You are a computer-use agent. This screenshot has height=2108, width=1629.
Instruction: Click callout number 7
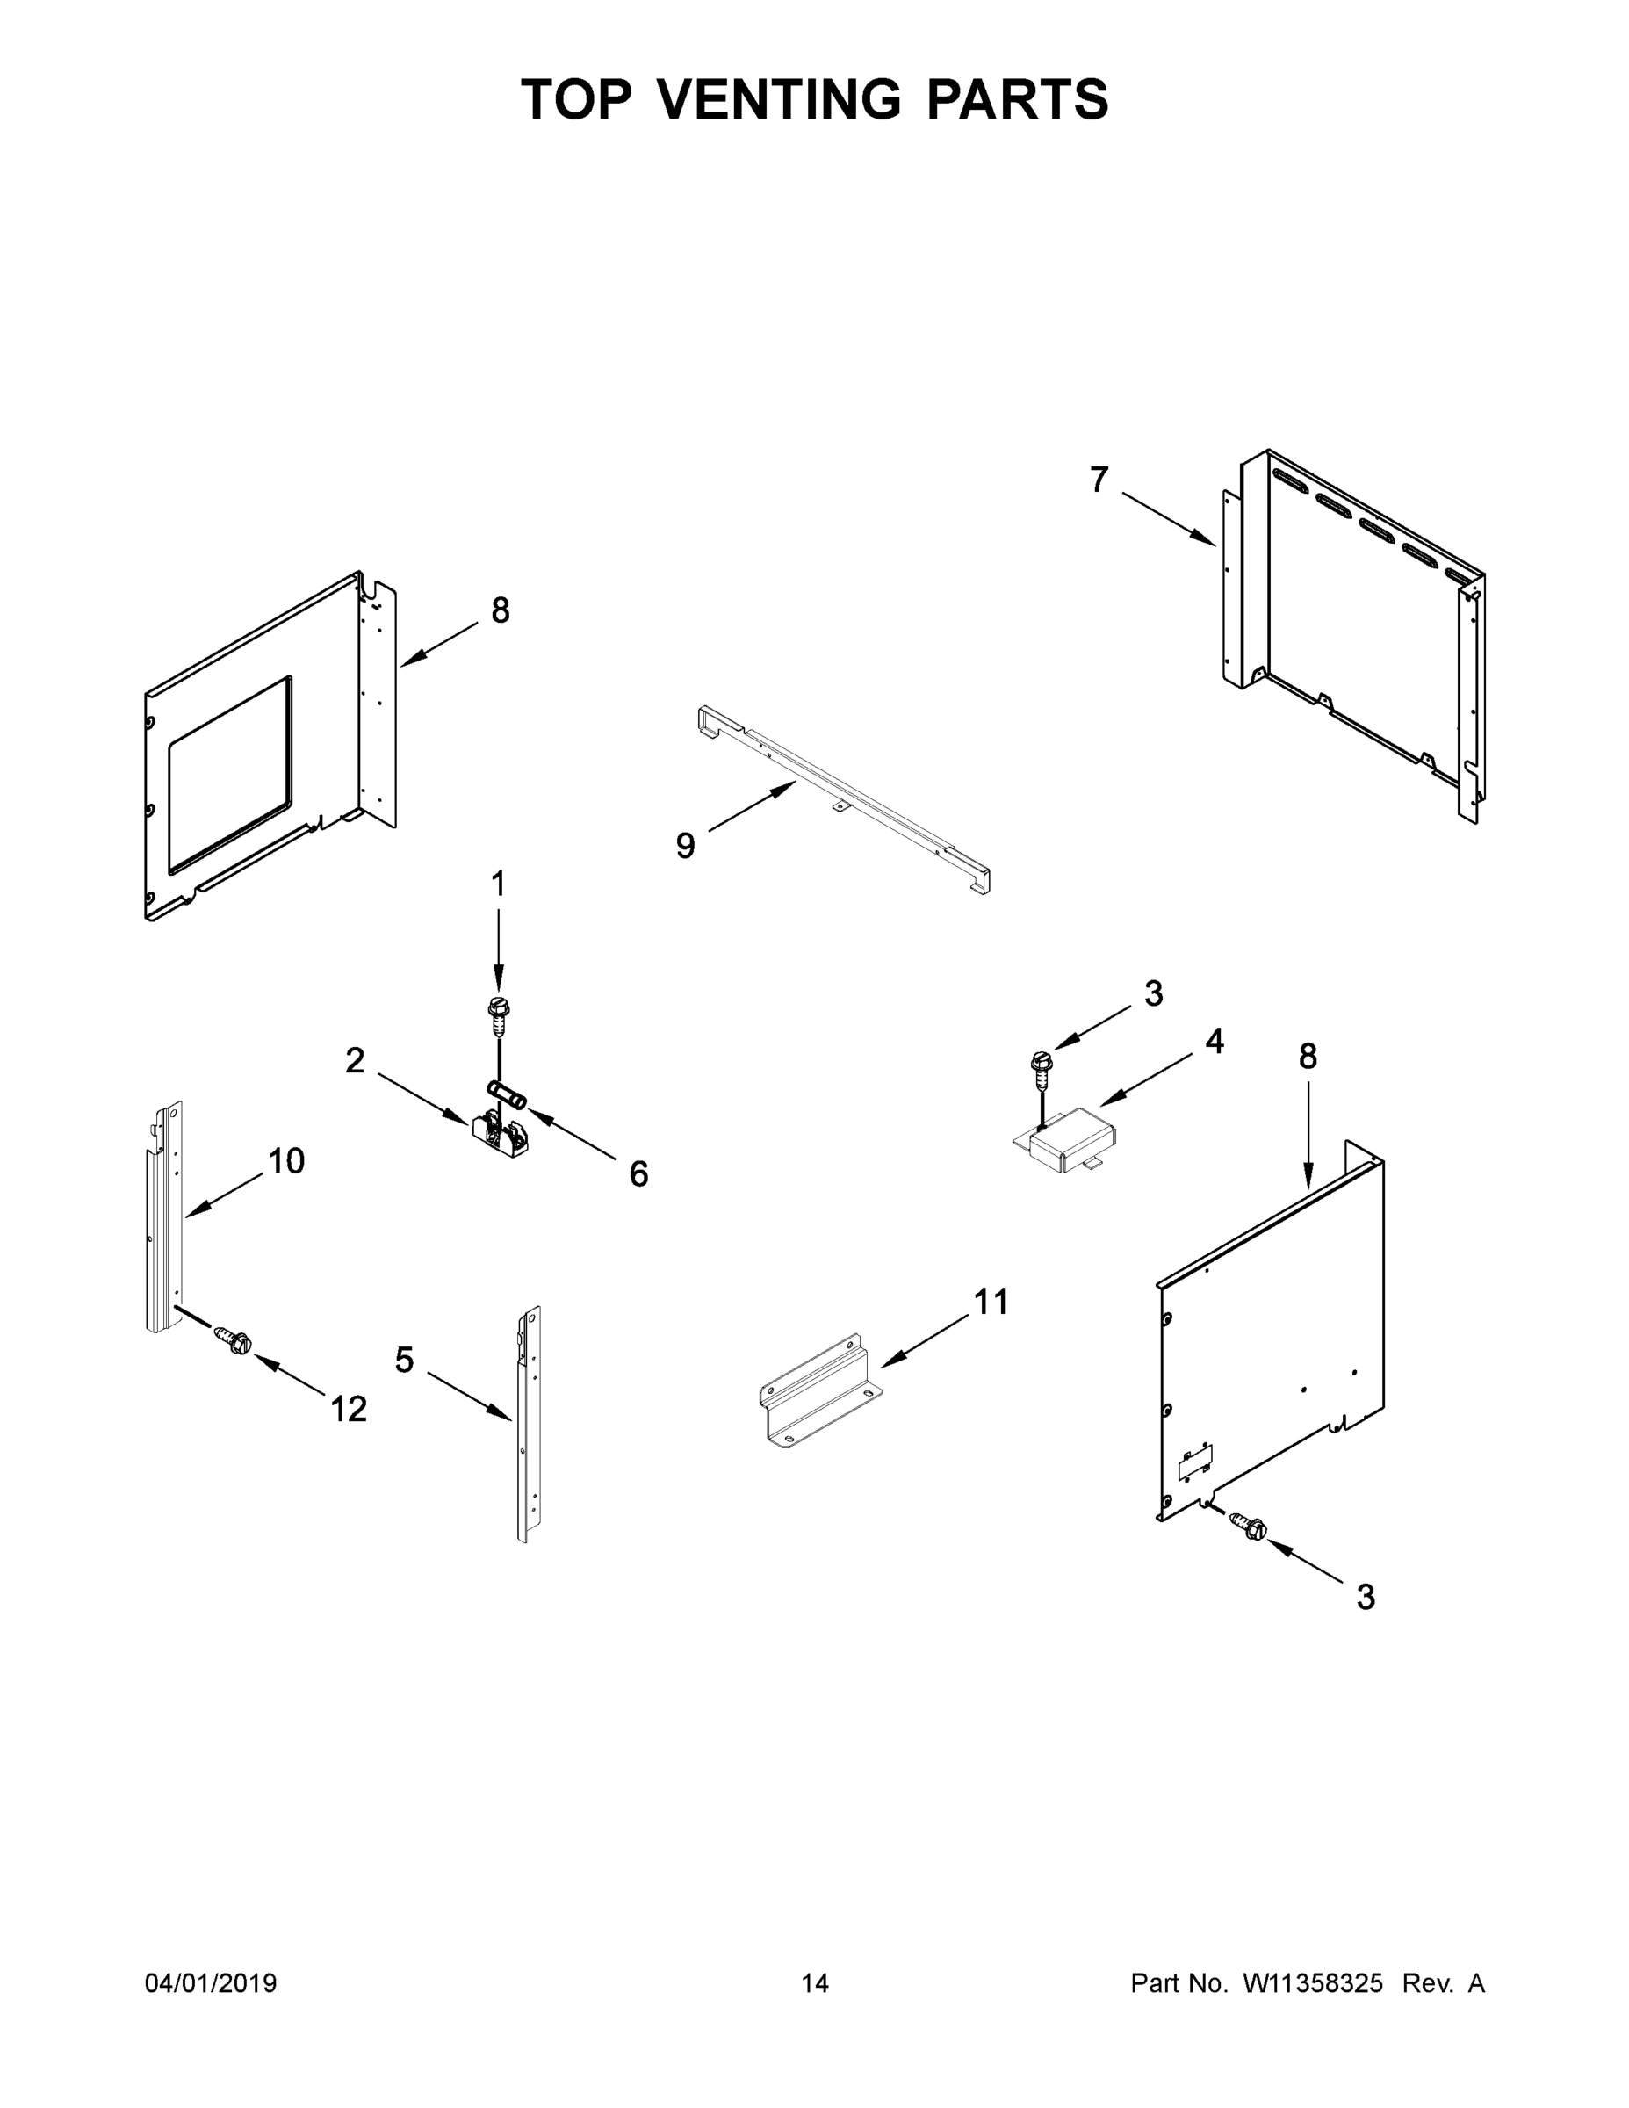tap(1099, 480)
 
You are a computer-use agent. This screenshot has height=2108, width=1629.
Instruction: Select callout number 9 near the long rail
tap(685, 846)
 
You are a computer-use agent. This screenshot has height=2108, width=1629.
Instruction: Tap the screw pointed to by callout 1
tap(498, 1014)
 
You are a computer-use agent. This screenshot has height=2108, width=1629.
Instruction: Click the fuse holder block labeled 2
tap(499, 1138)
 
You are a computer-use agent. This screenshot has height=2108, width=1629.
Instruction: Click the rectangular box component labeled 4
tap(1072, 1142)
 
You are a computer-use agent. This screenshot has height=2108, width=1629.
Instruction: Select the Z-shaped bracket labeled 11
tap(821, 1399)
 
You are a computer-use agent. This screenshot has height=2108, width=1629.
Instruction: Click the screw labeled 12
tap(234, 1340)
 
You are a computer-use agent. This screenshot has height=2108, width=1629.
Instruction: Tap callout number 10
tap(286, 1161)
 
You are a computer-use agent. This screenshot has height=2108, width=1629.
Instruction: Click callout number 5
tap(404, 1361)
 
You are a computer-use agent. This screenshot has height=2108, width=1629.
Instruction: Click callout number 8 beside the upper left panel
tap(500, 610)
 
